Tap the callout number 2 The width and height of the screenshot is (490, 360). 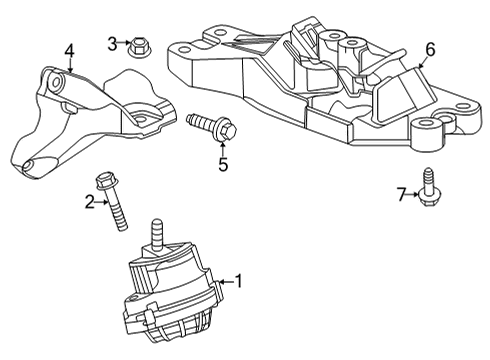(x=89, y=203)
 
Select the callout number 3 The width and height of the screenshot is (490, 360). (x=113, y=42)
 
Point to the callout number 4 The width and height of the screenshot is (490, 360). (x=69, y=50)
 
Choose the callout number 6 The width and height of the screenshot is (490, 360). (x=430, y=48)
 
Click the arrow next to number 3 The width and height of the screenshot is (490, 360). (x=124, y=42)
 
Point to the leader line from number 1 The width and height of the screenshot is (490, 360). (x=224, y=282)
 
